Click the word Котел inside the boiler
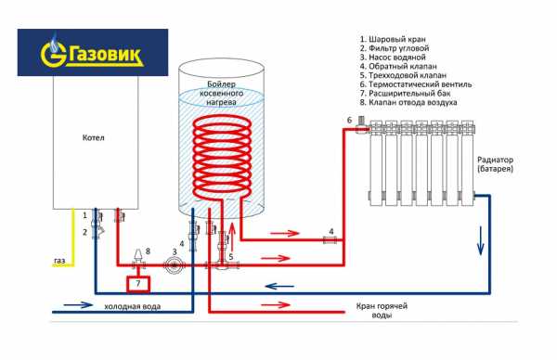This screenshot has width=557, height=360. coord(93,138)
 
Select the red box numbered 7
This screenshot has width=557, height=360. coord(136,281)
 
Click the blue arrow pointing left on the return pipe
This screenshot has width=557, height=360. coord(277,287)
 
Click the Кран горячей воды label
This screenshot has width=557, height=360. coord(383,310)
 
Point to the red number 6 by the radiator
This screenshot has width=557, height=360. coord(349,121)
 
